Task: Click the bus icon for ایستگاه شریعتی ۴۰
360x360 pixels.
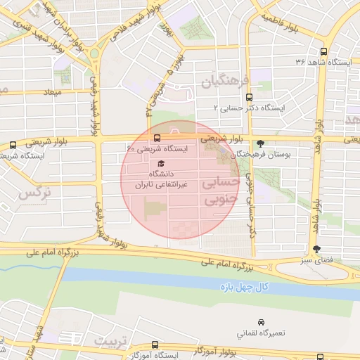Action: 156,138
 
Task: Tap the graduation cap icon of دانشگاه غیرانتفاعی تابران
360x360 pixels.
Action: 160,163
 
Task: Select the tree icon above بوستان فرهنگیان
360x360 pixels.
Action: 260,141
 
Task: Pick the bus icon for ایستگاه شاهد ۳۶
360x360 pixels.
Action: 323,51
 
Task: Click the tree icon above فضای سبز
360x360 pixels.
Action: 316,248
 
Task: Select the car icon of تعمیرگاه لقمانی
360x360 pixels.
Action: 262,321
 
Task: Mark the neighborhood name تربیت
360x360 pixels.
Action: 113,342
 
